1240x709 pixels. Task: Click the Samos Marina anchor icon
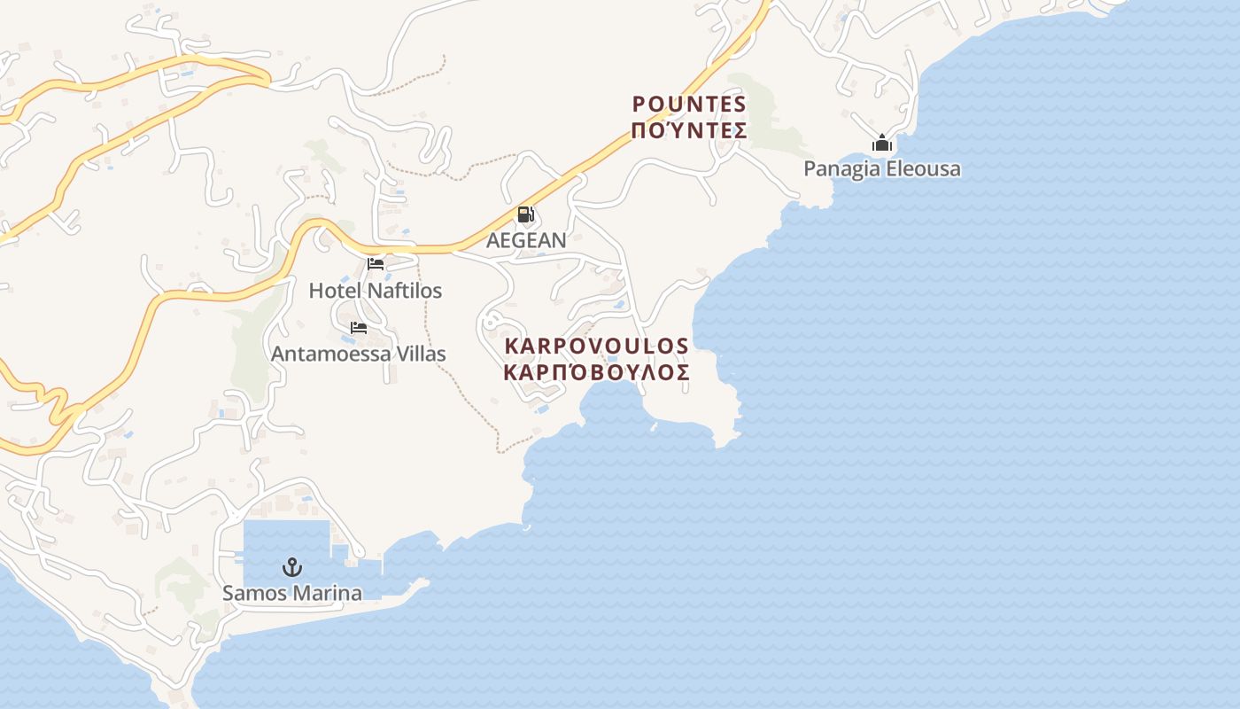coord(292,567)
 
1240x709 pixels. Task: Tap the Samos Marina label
coord(292,593)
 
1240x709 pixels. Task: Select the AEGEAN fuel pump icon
coord(525,214)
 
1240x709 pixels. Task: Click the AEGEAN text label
coord(526,240)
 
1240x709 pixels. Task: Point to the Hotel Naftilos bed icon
coord(376,264)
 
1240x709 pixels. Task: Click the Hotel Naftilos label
coord(376,291)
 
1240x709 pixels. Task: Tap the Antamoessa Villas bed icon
coord(359,328)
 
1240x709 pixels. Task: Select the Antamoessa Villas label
coord(359,354)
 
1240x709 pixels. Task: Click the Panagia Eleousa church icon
coord(882,143)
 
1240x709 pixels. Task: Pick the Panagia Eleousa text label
coord(882,168)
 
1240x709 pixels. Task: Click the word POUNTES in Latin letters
coord(690,105)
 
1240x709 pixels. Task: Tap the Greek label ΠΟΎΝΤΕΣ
coord(690,131)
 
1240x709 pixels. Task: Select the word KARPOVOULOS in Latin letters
coord(597,345)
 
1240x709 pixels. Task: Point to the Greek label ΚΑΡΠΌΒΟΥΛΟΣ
coord(597,372)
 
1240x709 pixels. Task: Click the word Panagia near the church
coord(841,168)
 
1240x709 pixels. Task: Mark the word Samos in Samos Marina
coord(252,593)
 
